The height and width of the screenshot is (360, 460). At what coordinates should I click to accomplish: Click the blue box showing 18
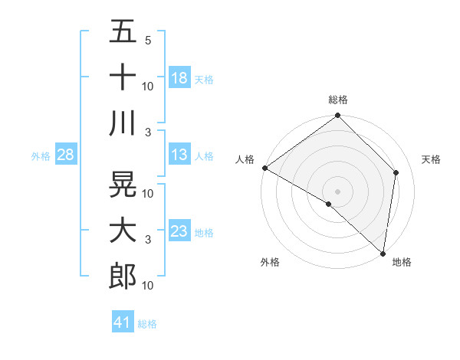pos(179,77)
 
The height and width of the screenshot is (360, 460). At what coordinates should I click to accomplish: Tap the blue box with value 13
pos(179,155)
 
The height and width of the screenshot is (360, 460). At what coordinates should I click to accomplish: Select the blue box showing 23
pos(179,231)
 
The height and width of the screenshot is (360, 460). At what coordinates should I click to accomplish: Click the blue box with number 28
pos(66,155)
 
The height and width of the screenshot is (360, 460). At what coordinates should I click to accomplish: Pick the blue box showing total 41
pos(123,322)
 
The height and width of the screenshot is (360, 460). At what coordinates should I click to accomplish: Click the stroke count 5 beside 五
pos(148,40)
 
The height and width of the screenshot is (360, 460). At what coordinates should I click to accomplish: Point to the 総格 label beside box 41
pos(147,324)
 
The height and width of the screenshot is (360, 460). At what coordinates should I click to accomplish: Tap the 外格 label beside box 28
pos(41,156)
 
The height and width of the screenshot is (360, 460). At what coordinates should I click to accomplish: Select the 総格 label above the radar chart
pos(338,100)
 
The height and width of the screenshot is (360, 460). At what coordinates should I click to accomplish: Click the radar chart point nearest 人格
pos(264,168)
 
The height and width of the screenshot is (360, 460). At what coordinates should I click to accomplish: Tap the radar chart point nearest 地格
pos(383,253)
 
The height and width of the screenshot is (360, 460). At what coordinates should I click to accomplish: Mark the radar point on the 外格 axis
pos(328,204)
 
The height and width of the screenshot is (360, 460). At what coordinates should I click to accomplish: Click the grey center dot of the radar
pos(338,191)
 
